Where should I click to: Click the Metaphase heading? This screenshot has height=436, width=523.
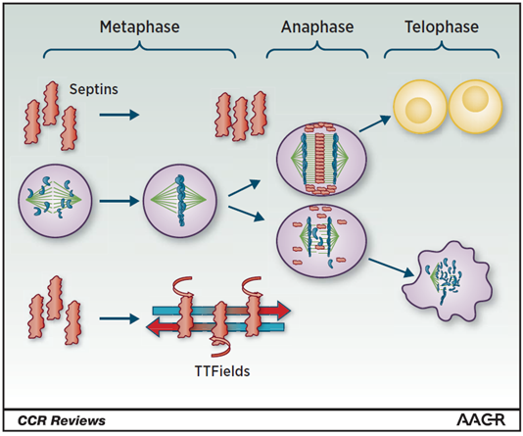(139, 27)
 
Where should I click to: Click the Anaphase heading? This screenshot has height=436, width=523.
(317, 27)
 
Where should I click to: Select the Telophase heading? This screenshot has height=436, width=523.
(442, 27)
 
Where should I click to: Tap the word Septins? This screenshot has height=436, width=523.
(94, 89)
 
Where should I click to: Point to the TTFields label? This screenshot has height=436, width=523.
(222, 371)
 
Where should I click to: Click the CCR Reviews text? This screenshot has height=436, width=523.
(62, 420)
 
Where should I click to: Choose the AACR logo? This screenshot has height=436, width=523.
(481, 420)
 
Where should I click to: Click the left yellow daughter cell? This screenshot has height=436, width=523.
(419, 107)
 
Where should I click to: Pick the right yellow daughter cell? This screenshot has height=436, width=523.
(475, 107)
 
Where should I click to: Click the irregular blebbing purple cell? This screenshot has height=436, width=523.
(447, 282)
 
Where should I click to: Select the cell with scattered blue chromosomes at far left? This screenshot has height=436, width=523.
(55, 201)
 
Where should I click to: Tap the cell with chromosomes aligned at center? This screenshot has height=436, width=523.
(180, 201)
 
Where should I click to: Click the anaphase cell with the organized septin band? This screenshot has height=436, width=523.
(321, 159)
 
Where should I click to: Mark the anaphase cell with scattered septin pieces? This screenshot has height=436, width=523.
(321, 241)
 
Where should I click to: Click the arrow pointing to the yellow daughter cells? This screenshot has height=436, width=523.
(374, 123)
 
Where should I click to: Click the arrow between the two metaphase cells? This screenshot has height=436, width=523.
(119, 201)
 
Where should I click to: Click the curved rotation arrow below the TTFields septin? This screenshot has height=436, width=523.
(220, 347)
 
